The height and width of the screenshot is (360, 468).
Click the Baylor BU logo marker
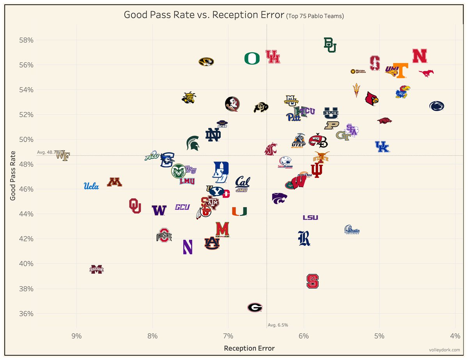(330, 45)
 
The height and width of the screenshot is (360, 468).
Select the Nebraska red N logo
(420, 56)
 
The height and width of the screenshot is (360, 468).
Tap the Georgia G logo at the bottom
(255, 307)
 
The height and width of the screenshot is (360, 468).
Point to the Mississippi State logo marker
(97, 269)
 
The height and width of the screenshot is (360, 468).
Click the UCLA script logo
(91, 186)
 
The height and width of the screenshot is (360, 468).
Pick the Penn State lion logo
(436, 106)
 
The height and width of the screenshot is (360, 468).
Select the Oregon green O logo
(252, 59)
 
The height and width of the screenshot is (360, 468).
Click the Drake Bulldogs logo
(352, 230)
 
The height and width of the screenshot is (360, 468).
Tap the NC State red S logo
(312, 281)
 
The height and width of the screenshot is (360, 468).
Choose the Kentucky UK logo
(382, 147)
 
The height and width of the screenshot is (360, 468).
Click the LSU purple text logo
(310, 217)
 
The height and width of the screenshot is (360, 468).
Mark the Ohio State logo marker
(164, 235)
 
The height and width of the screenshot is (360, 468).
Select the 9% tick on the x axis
(77, 336)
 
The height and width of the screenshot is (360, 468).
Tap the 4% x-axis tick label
(455, 336)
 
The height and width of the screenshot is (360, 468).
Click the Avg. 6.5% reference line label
(278, 325)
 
